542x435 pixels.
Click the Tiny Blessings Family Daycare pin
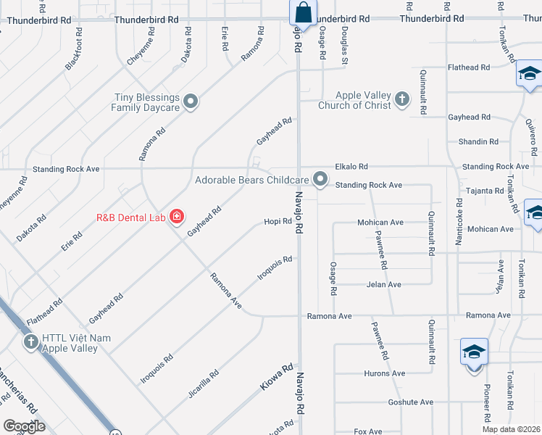pyautogui.click(x=191, y=101)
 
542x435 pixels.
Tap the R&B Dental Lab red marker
pyautogui.click(x=175, y=216)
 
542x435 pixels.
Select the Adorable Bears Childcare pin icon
pyautogui.click(x=320, y=179)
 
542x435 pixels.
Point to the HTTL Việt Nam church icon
pyautogui.click(x=30, y=341)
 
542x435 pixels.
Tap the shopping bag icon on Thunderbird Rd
pyautogui.click(x=303, y=13)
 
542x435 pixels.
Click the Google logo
pyautogui.click(x=25, y=426)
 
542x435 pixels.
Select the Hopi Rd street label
pyautogui.click(x=278, y=221)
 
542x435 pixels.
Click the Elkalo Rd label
pyautogui.click(x=351, y=167)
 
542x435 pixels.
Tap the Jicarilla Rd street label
pyautogui.click(x=204, y=385)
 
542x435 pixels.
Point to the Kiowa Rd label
pyautogui.click(x=276, y=378)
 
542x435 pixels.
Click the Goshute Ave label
pyautogui.click(x=410, y=402)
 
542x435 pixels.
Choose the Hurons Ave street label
pyautogui.click(x=385, y=373)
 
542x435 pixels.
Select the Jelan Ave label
pyautogui.click(x=383, y=285)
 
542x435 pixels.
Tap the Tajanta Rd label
pyautogui.click(x=485, y=191)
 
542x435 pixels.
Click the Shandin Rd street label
pyautogui.click(x=478, y=142)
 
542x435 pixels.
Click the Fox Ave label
pyautogui.click(x=368, y=431)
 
